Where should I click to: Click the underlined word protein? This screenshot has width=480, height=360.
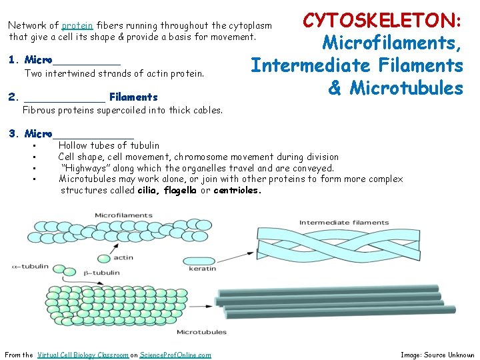[75, 25]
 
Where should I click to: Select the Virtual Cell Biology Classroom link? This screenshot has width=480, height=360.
[83, 355]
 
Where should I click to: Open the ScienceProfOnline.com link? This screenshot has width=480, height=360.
[175, 355]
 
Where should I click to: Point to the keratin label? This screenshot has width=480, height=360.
[203, 268]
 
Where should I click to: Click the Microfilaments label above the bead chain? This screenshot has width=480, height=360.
[124, 215]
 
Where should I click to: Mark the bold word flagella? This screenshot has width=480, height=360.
[179, 190]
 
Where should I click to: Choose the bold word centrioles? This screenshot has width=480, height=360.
[237, 190]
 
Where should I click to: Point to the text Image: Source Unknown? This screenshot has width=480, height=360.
[437, 355]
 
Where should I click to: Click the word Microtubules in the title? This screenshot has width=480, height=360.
[406, 88]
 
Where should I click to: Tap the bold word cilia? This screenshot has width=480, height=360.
[147, 190]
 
